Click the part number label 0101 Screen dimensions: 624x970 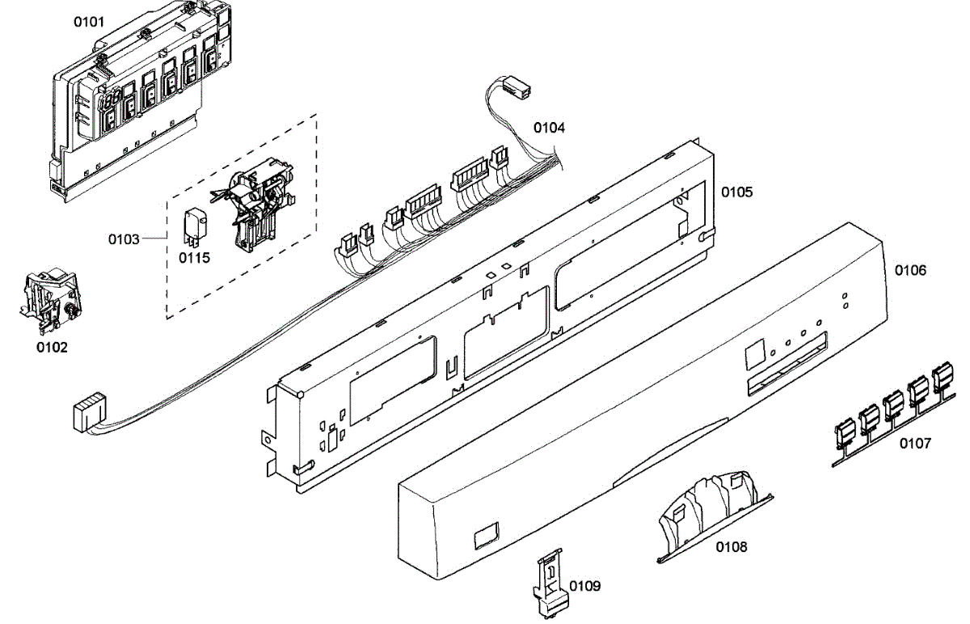click(x=89, y=22)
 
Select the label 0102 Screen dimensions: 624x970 click(x=52, y=348)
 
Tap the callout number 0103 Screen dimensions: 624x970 click(x=124, y=239)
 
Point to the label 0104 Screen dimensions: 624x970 click(x=549, y=128)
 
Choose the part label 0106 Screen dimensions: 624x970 click(x=910, y=270)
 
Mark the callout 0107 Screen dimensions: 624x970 click(x=915, y=443)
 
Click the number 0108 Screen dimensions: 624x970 click(x=731, y=547)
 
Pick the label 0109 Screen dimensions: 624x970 click(x=584, y=585)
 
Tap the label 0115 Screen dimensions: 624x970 click(x=194, y=258)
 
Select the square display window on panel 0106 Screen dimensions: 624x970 click(x=753, y=352)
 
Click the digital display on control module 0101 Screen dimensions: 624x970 click(x=111, y=100)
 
